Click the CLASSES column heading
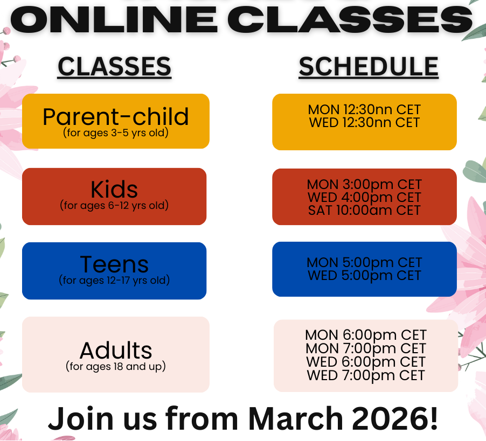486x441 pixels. click(114, 66)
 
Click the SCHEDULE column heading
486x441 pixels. click(369, 66)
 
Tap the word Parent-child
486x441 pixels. click(116, 117)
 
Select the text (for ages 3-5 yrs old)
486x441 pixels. click(116, 132)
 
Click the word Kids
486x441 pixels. click(114, 189)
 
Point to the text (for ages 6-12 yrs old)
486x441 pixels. click(114, 205)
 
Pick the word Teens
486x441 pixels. click(114, 264)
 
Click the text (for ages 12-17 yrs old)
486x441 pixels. click(114, 280)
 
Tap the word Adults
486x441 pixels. click(116, 350)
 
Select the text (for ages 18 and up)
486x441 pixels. click(116, 366)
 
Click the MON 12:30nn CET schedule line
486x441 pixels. click(364, 110)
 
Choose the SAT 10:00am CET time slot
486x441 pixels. click(364, 211)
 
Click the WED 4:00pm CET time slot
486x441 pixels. click(364, 197)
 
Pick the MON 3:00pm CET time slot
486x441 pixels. click(364, 184)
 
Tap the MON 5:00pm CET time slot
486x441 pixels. click(364, 262)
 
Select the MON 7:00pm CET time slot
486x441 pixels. click(366, 348)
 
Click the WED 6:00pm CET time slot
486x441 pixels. click(366, 362)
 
